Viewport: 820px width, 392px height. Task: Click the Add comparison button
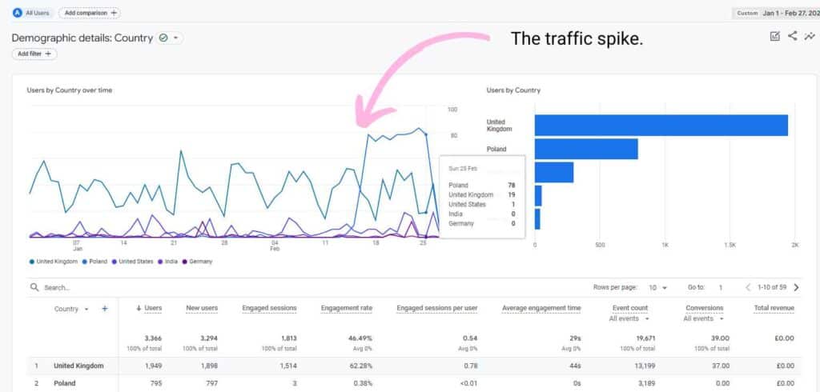coord(89,13)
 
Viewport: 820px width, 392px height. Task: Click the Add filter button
coord(34,54)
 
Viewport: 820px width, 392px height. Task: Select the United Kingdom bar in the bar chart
coord(661,126)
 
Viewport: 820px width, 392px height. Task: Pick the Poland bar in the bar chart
coord(586,149)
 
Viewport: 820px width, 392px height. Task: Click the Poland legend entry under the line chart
coord(94,262)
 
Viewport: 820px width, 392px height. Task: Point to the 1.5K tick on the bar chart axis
coord(730,245)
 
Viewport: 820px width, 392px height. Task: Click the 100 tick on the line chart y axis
coord(452,110)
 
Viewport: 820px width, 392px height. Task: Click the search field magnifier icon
coord(34,287)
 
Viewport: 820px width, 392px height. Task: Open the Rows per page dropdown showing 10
coord(657,287)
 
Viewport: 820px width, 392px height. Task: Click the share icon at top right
coord(792,36)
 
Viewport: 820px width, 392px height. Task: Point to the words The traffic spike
coord(577,38)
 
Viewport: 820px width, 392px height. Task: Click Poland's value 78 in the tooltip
coord(511,185)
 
